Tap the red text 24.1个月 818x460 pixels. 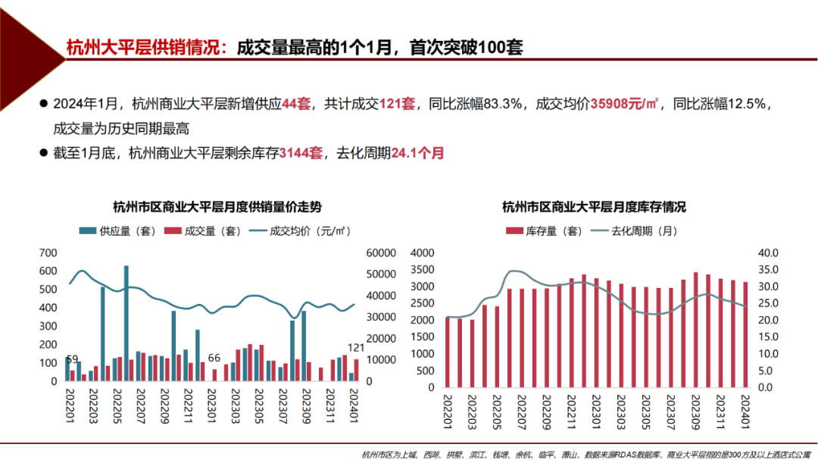pyautogui.click(x=417, y=153)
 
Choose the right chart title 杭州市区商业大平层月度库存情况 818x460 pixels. pyautogui.click(x=594, y=207)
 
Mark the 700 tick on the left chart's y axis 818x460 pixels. pyautogui.click(x=48, y=253)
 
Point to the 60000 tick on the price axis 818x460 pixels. pyautogui.click(x=379, y=253)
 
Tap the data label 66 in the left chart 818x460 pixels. pyautogui.click(x=214, y=358)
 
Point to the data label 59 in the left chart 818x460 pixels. pyautogui.click(x=72, y=359)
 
